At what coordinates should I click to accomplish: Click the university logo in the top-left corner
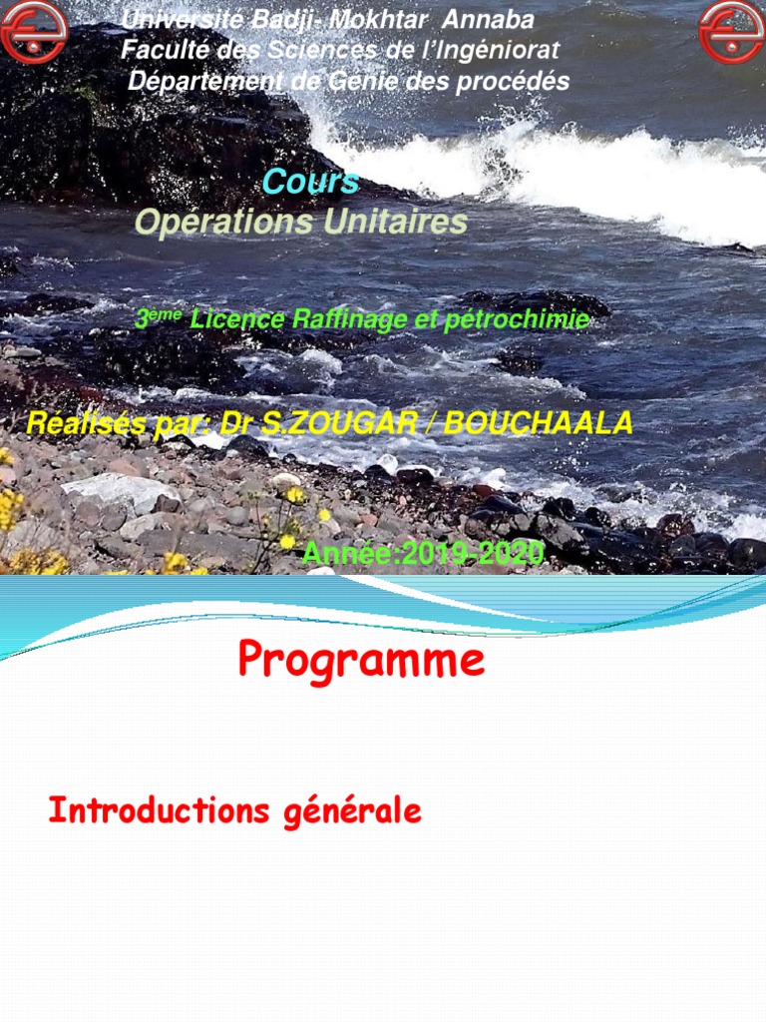34,32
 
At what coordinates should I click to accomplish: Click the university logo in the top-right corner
731,32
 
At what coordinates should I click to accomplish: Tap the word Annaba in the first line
488,19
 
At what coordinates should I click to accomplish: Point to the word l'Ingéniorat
489,50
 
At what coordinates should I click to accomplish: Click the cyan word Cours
310,182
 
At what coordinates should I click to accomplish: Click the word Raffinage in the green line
333,319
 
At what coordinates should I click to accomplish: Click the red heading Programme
361,661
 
